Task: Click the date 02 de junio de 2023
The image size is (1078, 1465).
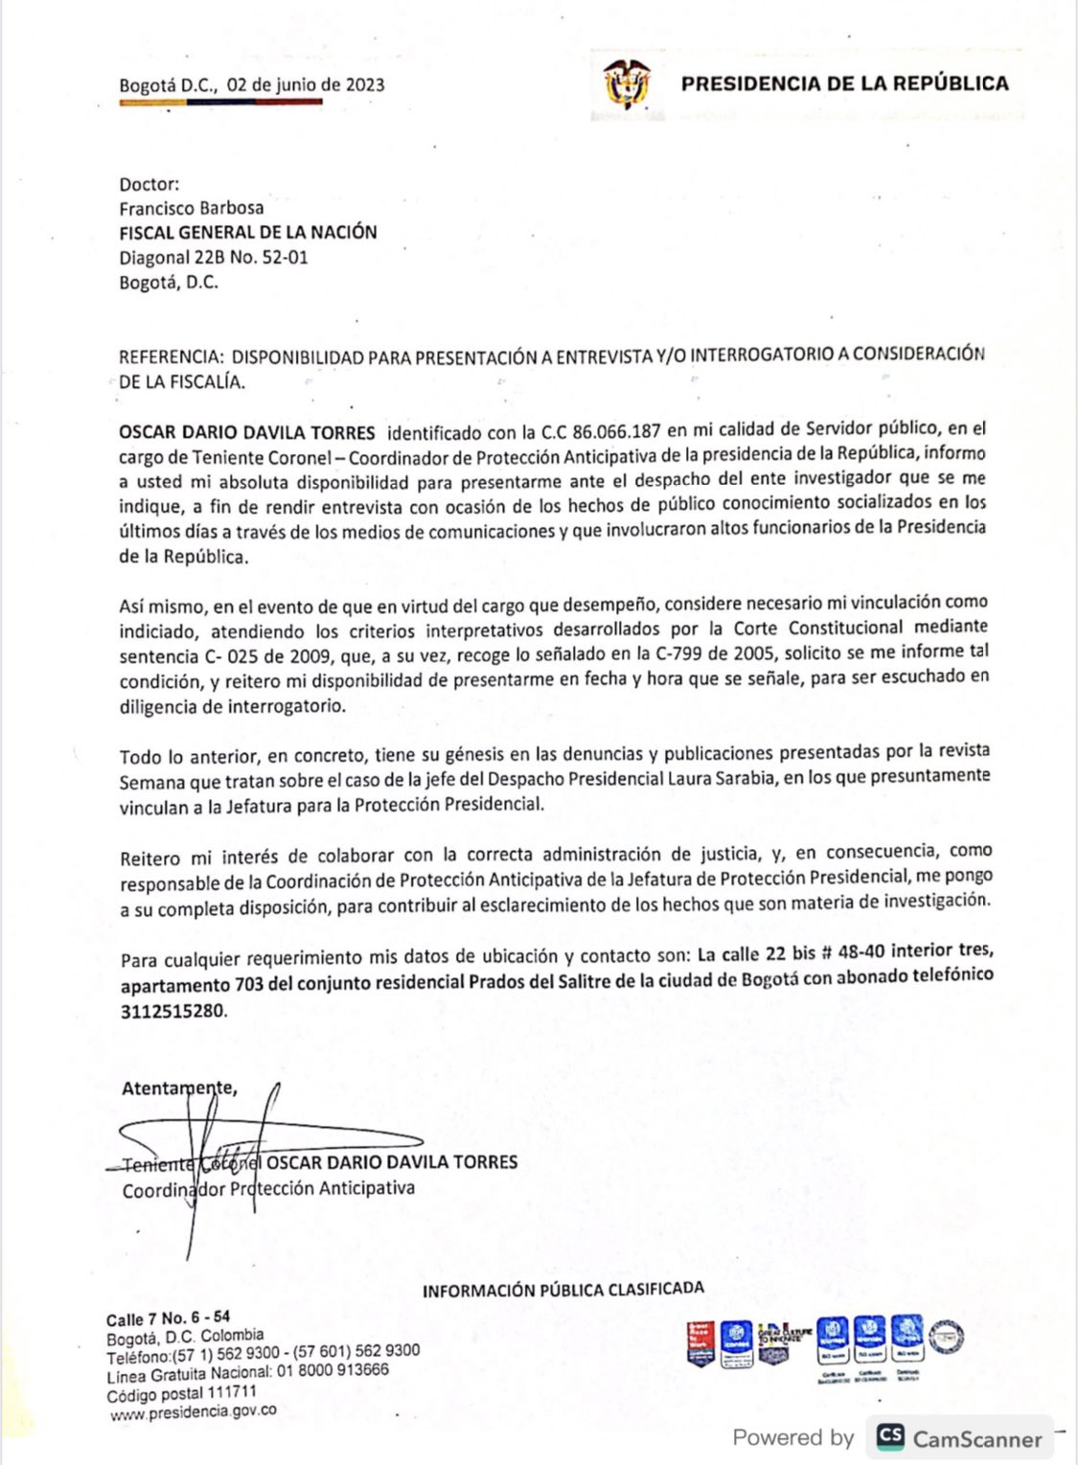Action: click(x=306, y=84)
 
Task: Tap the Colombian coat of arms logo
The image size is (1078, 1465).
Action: click(x=628, y=84)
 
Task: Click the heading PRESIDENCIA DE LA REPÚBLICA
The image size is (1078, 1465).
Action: click(x=844, y=83)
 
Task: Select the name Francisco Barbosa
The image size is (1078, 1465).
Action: click(x=192, y=208)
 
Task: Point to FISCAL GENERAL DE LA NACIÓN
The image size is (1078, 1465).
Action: click(x=248, y=232)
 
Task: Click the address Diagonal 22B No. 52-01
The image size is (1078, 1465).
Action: click(x=214, y=257)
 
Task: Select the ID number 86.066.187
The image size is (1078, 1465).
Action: click(x=616, y=431)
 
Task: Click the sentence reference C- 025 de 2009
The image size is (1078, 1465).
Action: click(x=253, y=656)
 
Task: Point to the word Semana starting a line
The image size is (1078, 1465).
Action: click(x=151, y=782)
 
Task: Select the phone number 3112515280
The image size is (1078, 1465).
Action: click(x=172, y=1010)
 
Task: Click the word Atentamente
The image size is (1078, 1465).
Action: click(x=178, y=1087)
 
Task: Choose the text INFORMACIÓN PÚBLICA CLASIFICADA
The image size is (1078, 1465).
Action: click(x=563, y=1290)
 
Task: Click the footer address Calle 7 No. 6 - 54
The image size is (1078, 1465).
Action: click(x=169, y=1318)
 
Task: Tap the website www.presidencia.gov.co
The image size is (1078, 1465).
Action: click(x=194, y=1411)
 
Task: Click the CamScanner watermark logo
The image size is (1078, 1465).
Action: click(x=890, y=1436)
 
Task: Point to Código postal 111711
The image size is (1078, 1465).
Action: click(x=182, y=1393)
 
